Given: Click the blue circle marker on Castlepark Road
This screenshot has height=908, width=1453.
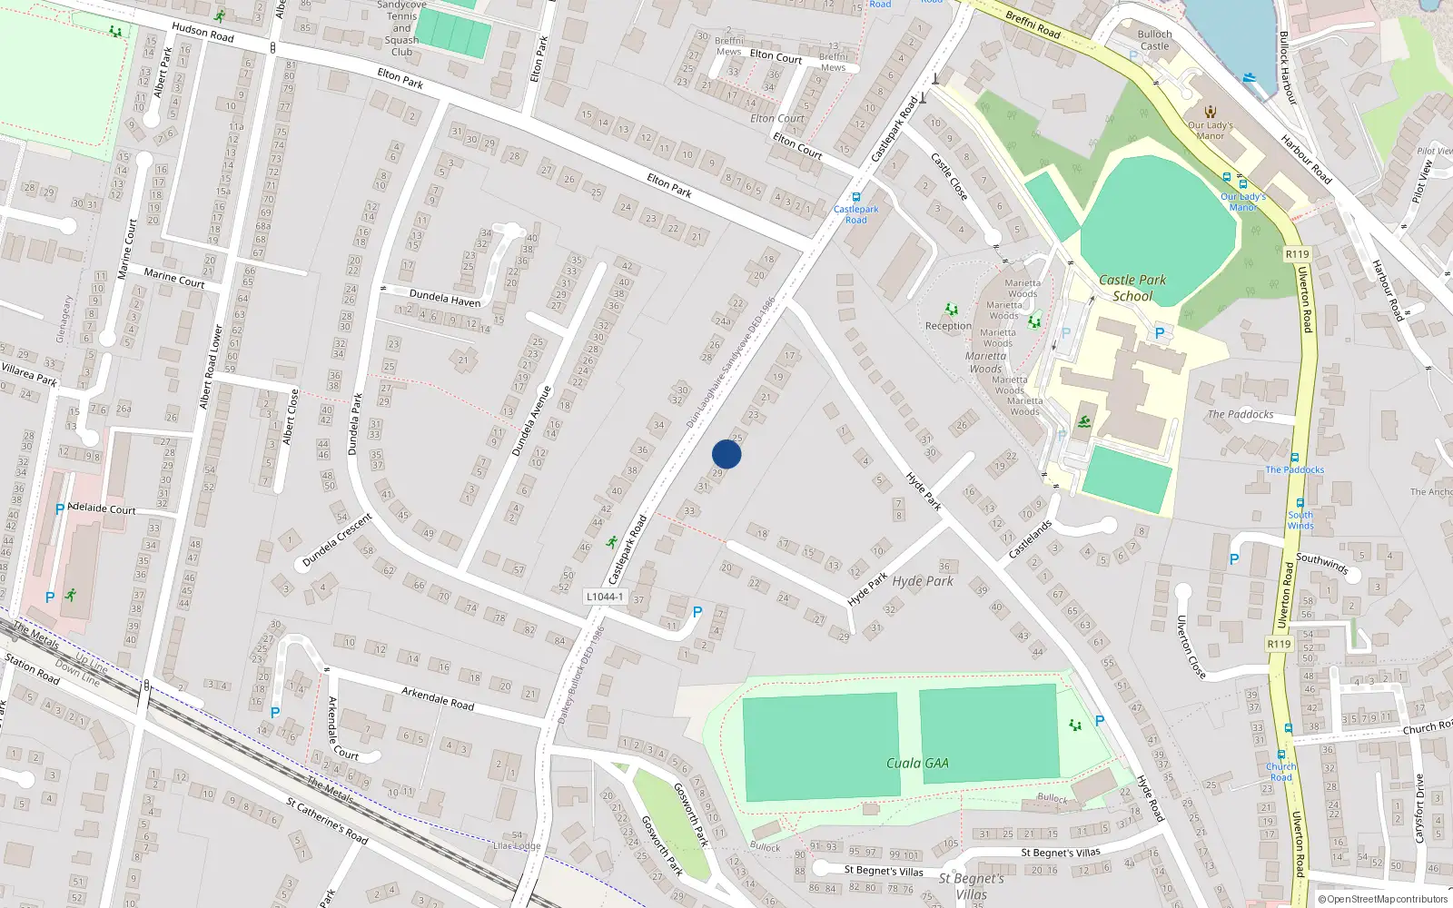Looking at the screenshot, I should (x=726, y=454).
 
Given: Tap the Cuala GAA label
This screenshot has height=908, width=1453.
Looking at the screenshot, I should (x=917, y=763).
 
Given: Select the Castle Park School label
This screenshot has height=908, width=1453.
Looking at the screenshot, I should (x=1132, y=288).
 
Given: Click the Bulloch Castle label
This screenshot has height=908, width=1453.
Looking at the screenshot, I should (x=1154, y=40).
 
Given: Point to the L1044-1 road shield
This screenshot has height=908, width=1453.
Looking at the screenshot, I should (x=605, y=597).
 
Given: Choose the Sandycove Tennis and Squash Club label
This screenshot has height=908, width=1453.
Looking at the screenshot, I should (x=401, y=28).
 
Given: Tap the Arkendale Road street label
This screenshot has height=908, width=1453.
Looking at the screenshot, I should (x=438, y=697).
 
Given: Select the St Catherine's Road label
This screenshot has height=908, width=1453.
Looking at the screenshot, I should (x=327, y=821).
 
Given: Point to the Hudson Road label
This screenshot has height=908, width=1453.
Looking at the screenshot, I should (x=203, y=33).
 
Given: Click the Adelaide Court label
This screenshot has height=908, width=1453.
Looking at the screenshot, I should (x=102, y=508).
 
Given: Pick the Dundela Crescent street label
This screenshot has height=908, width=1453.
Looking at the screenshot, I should (x=337, y=539).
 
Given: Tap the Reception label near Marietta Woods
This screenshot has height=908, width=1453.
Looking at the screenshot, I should (x=948, y=326).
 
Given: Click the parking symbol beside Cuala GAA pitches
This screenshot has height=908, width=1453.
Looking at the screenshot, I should (x=1100, y=721).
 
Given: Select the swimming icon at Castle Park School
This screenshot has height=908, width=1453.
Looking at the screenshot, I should (x=1084, y=422).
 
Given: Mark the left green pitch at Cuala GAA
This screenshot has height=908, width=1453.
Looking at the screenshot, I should (x=820, y=747).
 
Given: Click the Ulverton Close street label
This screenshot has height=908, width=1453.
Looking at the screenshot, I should (x=1191, y=646).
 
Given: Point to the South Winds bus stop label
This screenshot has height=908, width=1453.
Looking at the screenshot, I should (x=1300, y=520).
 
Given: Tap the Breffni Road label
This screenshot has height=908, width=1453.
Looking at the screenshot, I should (x=1033, y=24).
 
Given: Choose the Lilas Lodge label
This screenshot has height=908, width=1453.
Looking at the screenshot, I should (x=517, y=845).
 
